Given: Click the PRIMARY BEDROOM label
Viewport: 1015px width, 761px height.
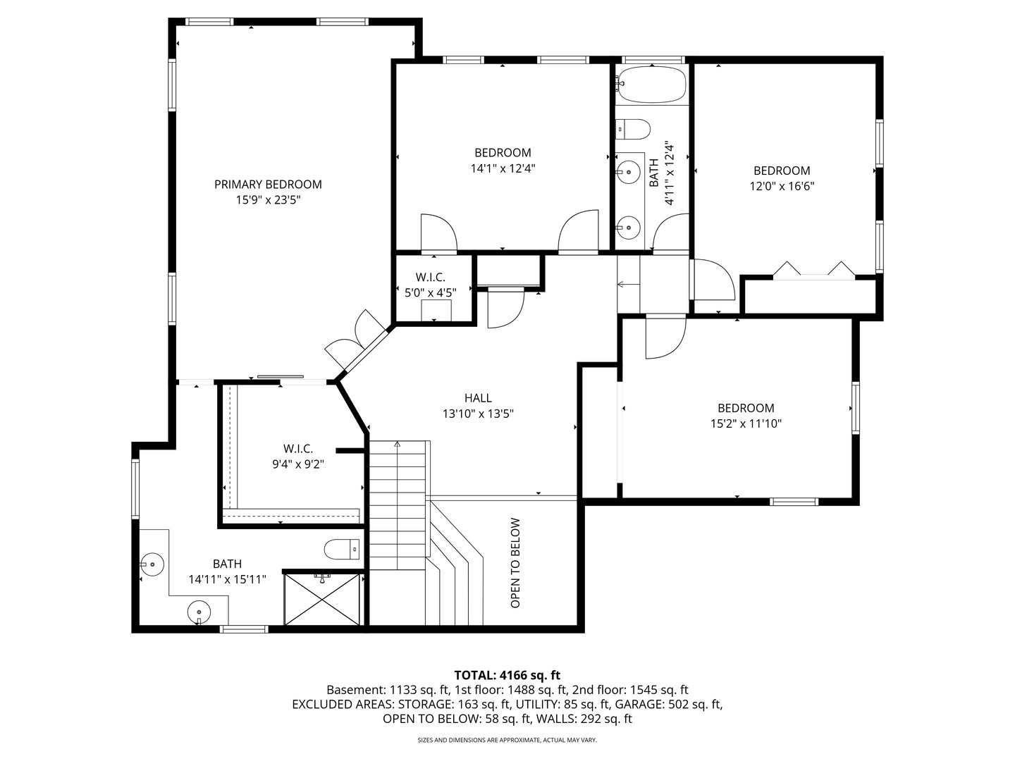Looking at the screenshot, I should [x=268, y=184].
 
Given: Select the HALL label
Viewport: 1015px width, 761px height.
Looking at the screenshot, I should [x=478, y=398].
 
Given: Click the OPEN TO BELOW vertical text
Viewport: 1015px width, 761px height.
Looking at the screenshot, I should [x=515, y=563].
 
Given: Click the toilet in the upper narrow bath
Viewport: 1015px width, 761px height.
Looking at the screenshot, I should [x=632, y=129].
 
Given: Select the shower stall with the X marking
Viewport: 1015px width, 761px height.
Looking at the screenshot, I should [x=323, y=599].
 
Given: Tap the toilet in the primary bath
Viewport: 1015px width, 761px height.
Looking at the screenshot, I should [x=342, y=548].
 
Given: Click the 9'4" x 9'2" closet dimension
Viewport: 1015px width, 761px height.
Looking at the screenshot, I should [x=298, y=464].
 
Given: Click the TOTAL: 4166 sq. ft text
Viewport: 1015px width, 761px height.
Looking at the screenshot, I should [x=507, y=675].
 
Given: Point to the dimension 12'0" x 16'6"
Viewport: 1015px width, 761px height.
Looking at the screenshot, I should [x=782, y=187].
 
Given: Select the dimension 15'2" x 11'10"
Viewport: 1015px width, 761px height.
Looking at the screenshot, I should [x=746, y=424].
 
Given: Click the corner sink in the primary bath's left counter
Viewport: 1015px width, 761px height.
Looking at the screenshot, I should [x=152, y=564].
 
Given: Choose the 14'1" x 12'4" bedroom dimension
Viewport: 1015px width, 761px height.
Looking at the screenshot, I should [x=503, y=168].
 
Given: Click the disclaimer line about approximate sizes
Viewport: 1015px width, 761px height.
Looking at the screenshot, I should [x=507, y=741].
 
